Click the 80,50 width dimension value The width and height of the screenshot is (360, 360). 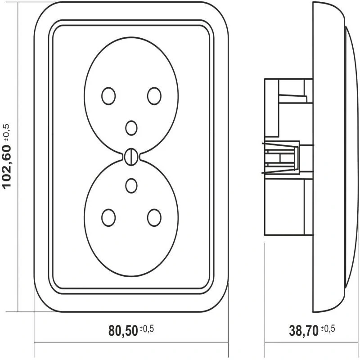[123, 331]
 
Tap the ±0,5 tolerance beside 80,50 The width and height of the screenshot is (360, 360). [147, 329]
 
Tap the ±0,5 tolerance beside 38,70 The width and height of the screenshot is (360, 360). [328, 329]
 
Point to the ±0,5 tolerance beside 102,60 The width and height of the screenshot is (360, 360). [6, 132]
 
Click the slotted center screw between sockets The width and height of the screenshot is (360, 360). [131, 157]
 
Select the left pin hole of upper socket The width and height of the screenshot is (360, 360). [108, 96]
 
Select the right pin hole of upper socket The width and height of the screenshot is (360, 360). [154, 96]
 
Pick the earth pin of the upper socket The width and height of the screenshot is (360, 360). [131, 128]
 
